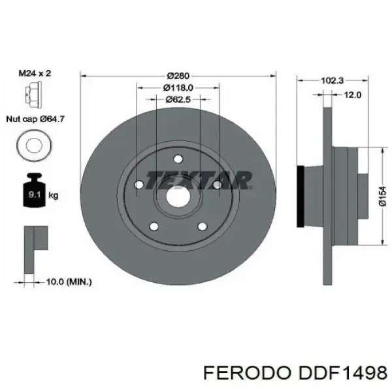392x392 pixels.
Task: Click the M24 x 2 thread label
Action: tap(33, 73)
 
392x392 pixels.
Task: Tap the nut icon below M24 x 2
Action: tap(30, 96)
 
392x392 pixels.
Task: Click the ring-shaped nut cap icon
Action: tap(30, 144)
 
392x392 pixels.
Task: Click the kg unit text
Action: tap(54, 195)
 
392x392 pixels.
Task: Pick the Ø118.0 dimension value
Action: tap(178, 87)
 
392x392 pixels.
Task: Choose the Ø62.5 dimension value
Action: tap(178, 99)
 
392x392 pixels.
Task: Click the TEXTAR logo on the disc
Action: tap(198, 180)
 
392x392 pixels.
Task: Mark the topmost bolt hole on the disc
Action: tap(178, 157)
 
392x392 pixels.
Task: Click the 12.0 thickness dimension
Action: tap(353, 95)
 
